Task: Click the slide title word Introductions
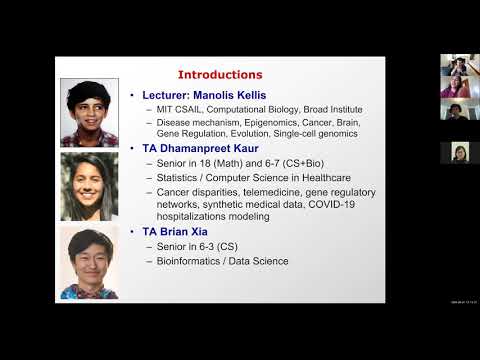(x=220, y=74)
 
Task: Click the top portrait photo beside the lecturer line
(x=90, y=113)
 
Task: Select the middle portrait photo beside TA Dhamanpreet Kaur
(x=90, y=186)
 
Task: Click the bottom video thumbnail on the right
(x=460, y=152)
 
